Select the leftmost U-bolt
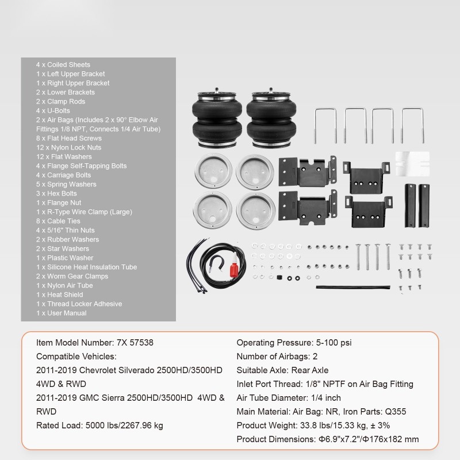point(325,124)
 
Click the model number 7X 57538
point(135,343)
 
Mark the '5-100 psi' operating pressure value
point(329,343)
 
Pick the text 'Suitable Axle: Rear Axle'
point(282,370)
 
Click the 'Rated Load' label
point(59,425)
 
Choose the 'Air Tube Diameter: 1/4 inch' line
point(289,398)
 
